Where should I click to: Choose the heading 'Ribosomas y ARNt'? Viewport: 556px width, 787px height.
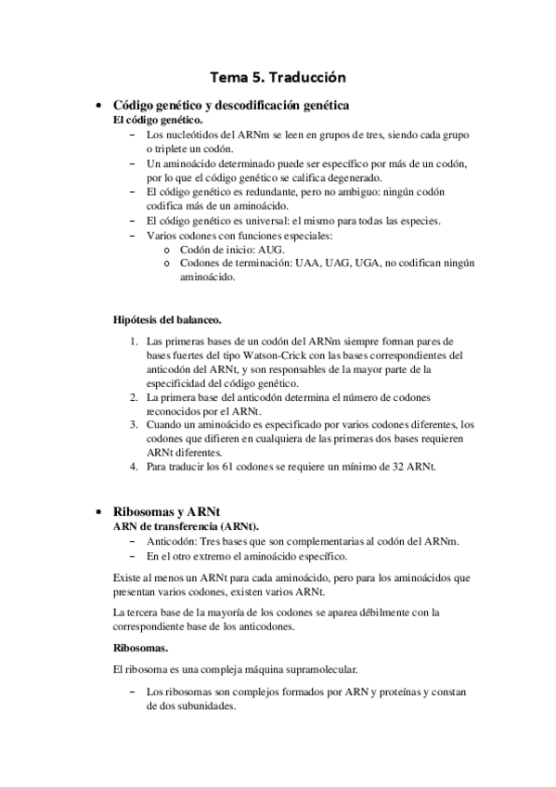[166, 511]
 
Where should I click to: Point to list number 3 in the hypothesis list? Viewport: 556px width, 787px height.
[134, 424]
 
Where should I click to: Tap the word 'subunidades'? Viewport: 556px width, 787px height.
[204, 705]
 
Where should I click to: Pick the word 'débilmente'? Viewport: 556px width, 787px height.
[368, 613]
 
